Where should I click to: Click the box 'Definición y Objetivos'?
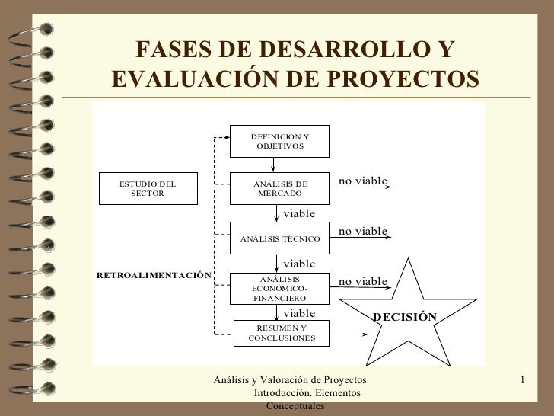pos(279,141)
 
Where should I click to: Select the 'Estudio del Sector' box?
pos(148,188)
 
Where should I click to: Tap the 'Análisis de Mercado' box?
pos(279,188)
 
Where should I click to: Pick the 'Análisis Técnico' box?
pos(279,238)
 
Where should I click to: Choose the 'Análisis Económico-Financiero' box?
pos(279,289)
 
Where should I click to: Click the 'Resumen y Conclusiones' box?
pos(279,333)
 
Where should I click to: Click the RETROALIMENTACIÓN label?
pos(151,274)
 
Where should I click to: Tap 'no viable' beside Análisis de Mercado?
pos(363,181)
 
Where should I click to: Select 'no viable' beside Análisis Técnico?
pos(363,230)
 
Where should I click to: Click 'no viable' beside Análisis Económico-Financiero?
pos(363,281)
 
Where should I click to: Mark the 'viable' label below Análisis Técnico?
pos(299,263)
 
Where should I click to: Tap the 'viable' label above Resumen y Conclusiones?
pos(299,312)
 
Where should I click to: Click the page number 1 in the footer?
pos(524,379)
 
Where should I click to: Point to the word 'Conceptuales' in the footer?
pos(295,407)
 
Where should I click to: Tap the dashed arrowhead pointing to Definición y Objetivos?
pos(224,138)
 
